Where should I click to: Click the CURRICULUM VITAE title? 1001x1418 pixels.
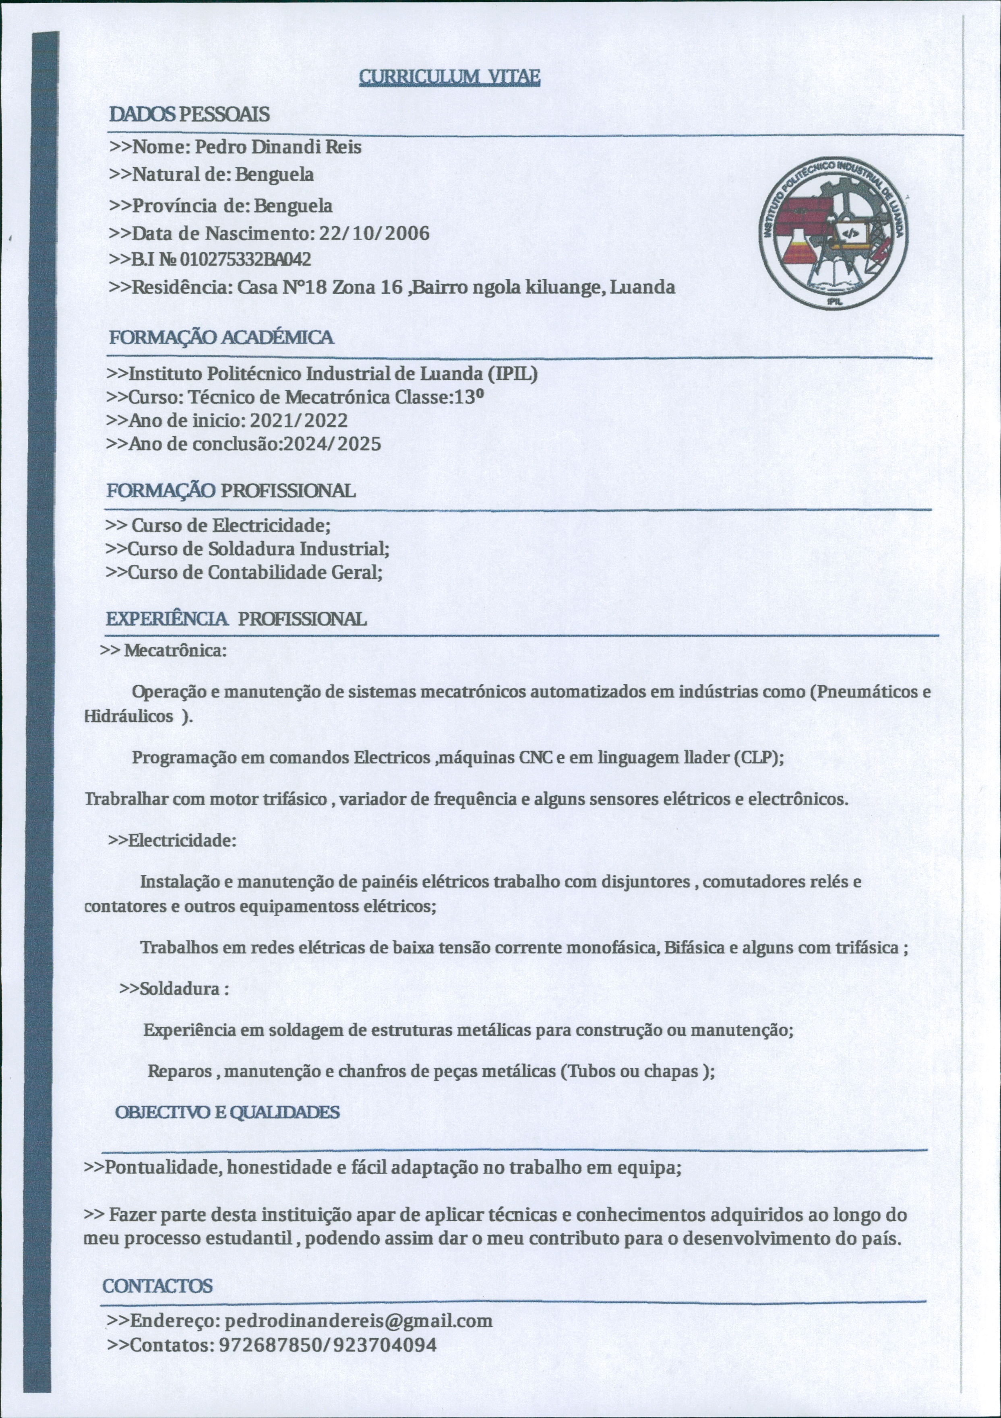(449, 77)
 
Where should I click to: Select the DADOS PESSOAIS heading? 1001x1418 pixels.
(189, 114)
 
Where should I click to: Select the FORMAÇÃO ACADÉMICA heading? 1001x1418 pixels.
(221, 338)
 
